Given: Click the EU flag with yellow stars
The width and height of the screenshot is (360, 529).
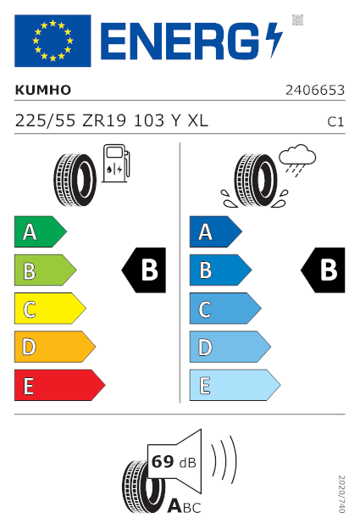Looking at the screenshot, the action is point(53,41).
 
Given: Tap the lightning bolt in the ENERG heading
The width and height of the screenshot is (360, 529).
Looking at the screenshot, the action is point(274,41).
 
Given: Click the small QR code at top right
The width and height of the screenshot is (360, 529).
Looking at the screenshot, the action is point(297,19).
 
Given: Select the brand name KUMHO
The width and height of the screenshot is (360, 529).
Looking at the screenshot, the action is point(43,90).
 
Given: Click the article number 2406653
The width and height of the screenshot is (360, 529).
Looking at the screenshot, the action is point(315,90).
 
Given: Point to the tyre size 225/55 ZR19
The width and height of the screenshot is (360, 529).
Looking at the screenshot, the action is point(70,120).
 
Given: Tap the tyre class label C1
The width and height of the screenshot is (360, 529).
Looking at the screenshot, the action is point(335,122).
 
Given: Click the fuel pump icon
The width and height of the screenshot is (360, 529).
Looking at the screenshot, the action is point(116,164).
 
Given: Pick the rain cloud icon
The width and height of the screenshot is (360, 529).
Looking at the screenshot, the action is point(297,160).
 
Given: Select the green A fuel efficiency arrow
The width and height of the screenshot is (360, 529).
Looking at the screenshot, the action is point(41,231).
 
